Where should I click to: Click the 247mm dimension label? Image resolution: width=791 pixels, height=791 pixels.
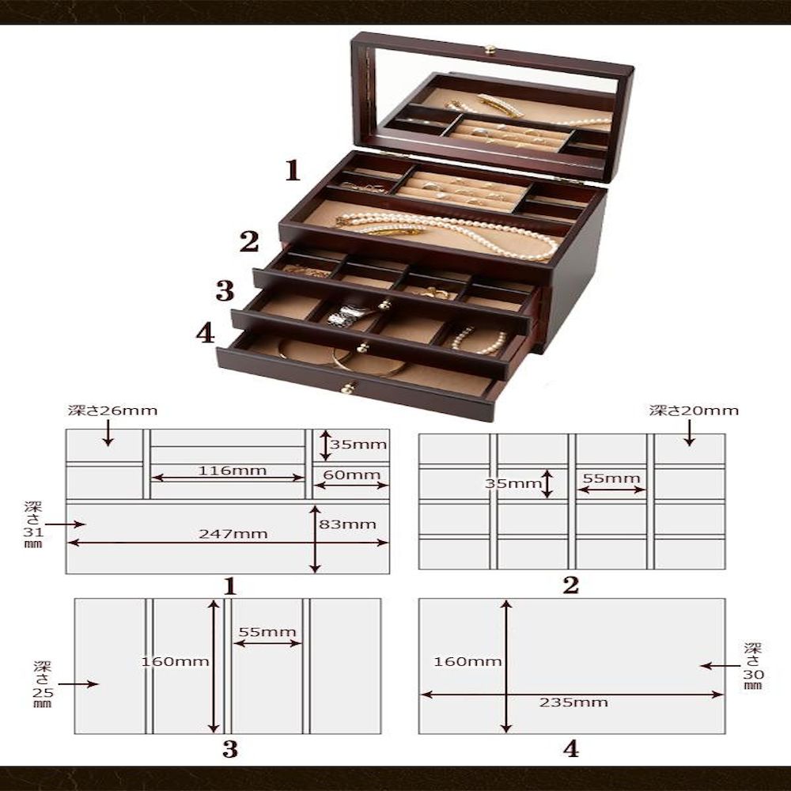pos(233,534)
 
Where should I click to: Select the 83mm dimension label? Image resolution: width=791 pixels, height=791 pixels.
pos(347,524)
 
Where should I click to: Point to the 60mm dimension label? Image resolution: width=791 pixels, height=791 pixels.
pos(352,475)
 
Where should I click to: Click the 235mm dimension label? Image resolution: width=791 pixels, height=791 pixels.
pos(573,702)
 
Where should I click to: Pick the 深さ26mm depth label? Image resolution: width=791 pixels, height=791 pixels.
pos(113,411)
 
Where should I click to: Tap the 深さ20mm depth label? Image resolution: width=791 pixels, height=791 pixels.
pos(694,411)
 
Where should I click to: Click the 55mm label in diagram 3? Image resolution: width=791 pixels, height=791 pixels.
pos(267,632)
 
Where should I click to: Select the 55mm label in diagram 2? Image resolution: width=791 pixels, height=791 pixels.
pos(611,478)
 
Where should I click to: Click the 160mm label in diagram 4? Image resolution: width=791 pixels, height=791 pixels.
pos(467,661)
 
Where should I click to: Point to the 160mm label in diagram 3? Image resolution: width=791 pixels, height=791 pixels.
pos(175,661)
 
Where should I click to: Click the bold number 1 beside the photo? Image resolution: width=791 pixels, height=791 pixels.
pos(293,171)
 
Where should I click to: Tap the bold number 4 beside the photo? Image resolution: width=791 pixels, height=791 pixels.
pos(206,334)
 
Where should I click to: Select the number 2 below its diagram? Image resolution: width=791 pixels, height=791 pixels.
pos(570,585)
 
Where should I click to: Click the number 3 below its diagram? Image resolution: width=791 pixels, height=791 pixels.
pos(230,750)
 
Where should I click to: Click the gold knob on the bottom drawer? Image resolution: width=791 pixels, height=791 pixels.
pos(347,388)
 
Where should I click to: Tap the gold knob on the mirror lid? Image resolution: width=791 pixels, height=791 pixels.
pos(490,49)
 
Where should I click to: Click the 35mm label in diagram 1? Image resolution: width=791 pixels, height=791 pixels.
pos(358,445)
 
